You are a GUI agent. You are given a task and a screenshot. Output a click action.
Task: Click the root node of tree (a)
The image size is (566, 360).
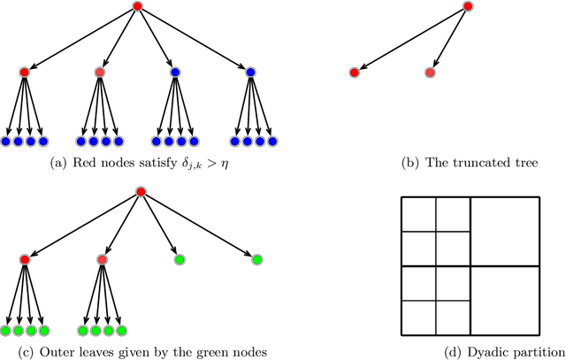pyautogui.click(x=137, y=7)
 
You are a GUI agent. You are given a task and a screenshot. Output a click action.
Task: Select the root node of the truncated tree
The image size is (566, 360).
pyautogui.click(x=468, y=7)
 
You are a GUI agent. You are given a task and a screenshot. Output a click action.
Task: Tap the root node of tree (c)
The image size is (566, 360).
pyautogui.click(x=140, y=192)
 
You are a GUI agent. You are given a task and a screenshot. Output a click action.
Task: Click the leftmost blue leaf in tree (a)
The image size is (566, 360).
pyautogui.click(x=5, y=141)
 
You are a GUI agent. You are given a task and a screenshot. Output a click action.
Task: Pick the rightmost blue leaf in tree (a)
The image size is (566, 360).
pyautogui.click(x=272, y=141)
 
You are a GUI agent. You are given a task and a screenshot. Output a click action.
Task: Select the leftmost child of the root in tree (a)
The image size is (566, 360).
pyautogui.click(x=24, y=72)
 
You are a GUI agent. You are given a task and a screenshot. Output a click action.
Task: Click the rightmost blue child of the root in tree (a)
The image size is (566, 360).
pyautogui.click(x=250, y=72)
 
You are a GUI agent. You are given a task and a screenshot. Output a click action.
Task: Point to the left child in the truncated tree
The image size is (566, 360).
pyautogui.click(x=354, y=72)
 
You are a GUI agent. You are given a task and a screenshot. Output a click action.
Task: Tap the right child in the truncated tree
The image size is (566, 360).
pyautogui.click(x=430, y=72)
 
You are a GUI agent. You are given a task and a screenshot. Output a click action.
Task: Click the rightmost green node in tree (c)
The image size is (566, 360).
pyautogui.click(x=256, y=259)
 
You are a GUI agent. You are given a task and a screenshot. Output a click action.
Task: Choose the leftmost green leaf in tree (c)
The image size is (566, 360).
pyautogui.click(x=5, y=331)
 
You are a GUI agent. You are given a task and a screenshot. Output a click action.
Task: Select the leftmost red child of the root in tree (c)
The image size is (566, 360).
pyautogui.click(x=24, y=259)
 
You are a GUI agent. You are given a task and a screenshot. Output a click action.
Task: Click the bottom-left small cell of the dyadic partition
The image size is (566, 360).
pyautogui.click(x=418, y=318)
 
